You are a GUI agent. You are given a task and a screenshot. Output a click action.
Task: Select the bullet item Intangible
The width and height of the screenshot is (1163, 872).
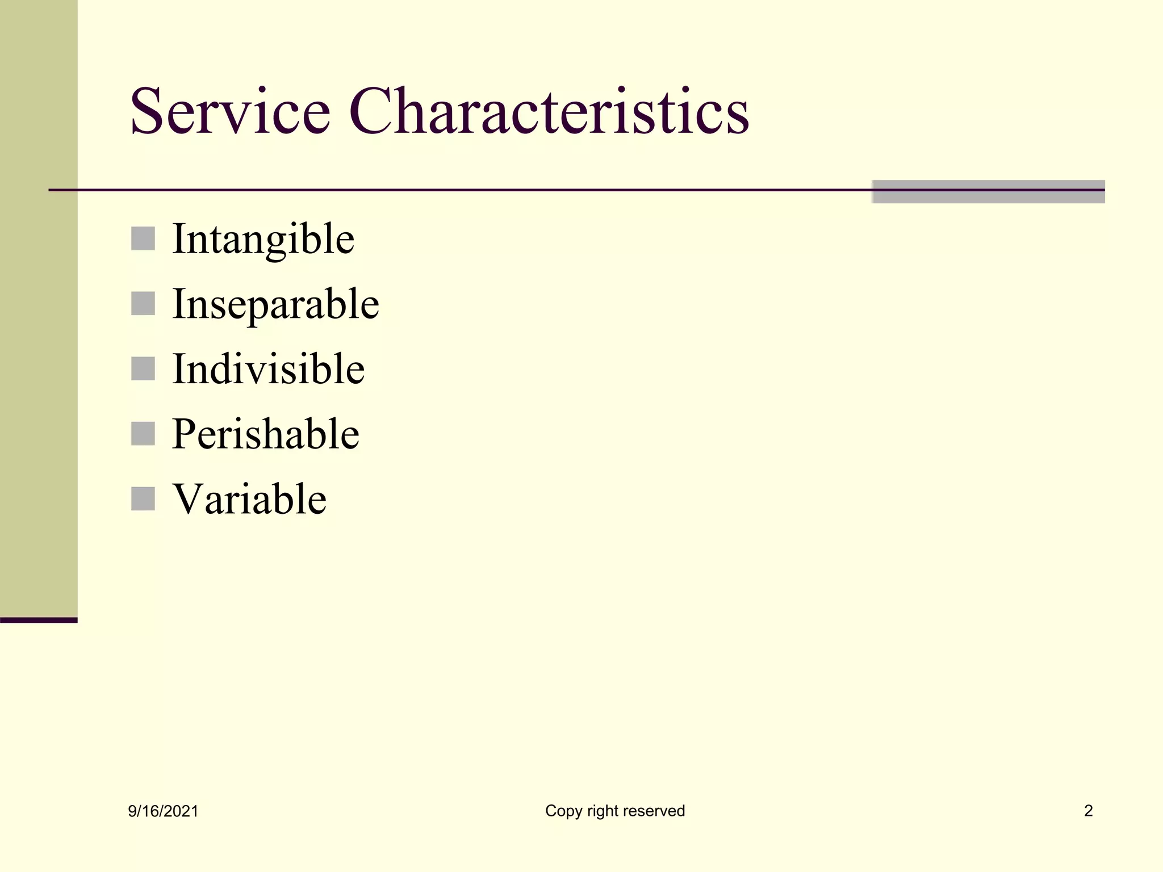263,240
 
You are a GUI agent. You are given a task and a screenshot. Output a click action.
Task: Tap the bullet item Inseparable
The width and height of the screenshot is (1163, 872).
275,305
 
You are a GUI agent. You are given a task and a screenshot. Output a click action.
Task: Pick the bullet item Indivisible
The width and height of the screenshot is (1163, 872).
268,370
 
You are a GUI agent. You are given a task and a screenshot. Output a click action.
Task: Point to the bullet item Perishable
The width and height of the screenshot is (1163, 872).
265,434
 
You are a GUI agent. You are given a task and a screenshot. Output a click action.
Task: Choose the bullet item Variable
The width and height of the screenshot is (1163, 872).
249,500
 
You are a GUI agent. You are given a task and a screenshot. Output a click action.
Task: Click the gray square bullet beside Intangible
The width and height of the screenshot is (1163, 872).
143,238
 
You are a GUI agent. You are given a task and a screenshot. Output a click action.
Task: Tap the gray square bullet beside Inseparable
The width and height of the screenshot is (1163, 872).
143,304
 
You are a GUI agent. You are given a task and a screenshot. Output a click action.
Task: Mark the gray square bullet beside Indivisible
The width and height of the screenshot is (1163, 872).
143,368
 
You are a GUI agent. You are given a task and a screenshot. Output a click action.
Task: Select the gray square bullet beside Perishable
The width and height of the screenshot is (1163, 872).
143,434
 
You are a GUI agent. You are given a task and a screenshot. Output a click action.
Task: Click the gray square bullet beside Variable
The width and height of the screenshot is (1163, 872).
143,499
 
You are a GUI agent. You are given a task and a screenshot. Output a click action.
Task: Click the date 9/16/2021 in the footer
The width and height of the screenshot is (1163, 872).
163,811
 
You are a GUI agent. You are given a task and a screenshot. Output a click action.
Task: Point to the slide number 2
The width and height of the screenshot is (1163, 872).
1088,811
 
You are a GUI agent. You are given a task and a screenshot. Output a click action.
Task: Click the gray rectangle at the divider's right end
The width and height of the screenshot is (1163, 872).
988,192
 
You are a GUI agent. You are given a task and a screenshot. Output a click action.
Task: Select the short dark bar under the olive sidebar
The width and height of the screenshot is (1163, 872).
39,620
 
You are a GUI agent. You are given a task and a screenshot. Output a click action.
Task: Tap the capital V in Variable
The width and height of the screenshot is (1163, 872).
188,498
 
